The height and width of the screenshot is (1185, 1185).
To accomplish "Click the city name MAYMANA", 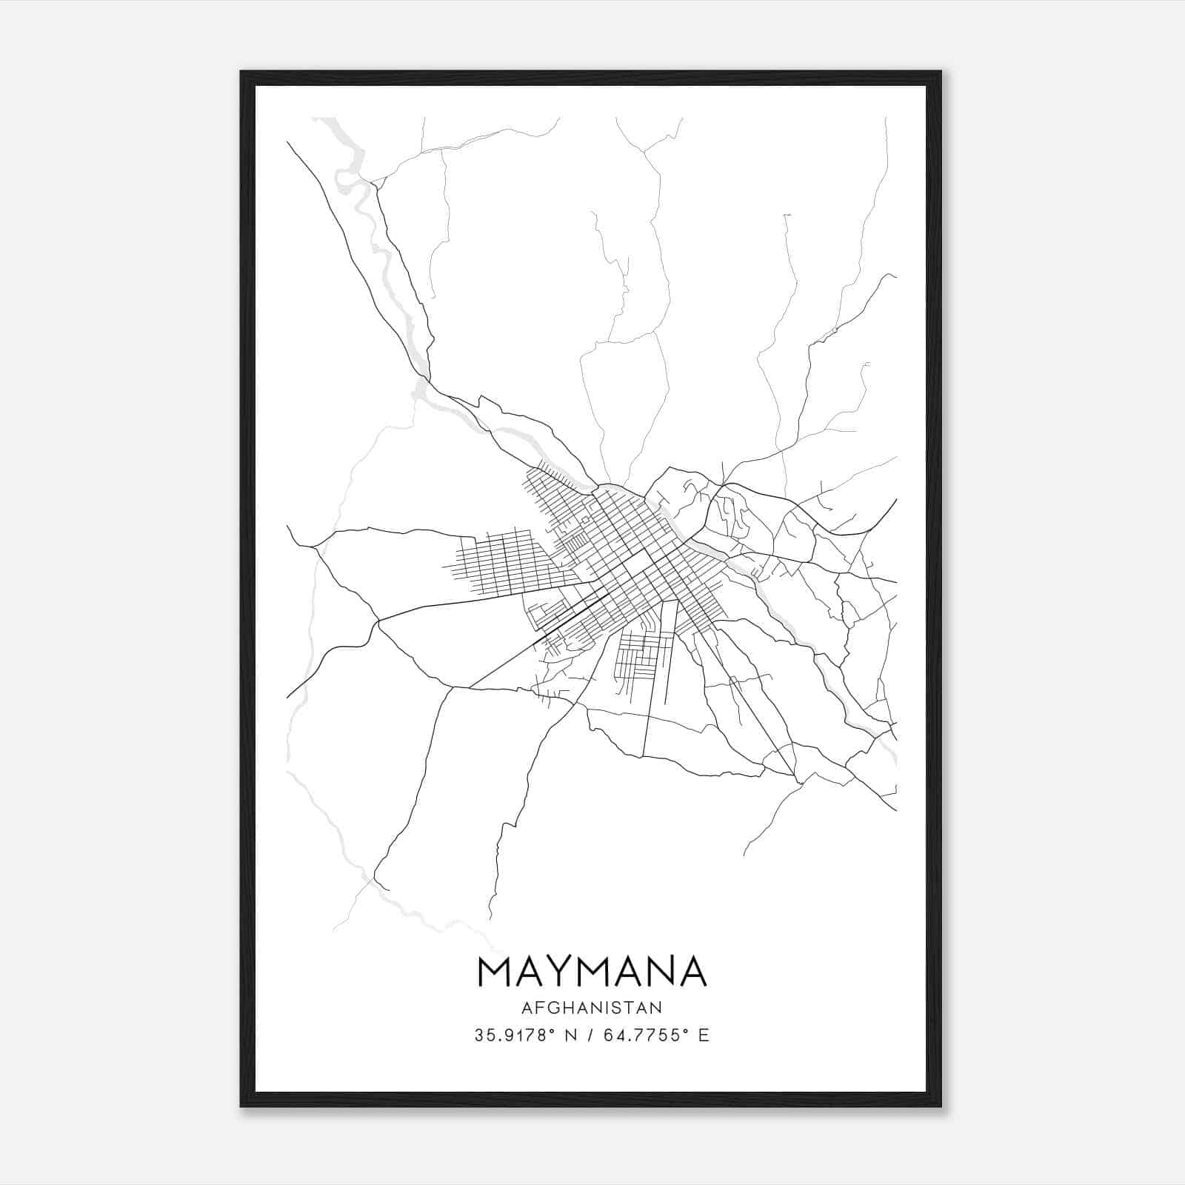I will pos(592,972).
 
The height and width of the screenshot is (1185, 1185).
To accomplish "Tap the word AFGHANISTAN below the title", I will pos(592,1007).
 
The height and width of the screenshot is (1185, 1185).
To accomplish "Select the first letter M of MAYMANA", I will pos(495,972).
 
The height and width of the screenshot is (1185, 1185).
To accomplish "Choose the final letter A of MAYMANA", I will pos(693,972).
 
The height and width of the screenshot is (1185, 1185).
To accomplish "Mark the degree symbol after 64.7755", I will pos(686,1030).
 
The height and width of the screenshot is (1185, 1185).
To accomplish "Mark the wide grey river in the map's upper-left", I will pos(370,222).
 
